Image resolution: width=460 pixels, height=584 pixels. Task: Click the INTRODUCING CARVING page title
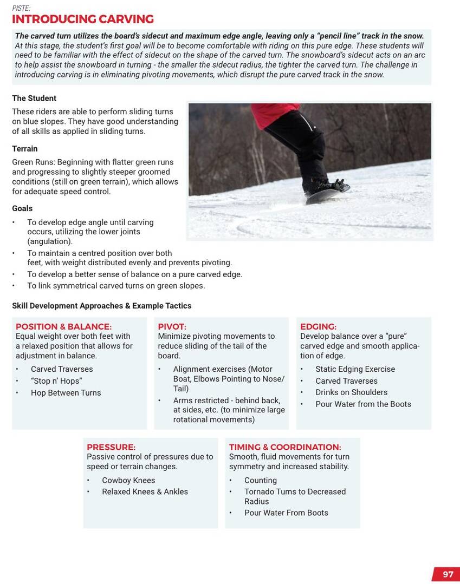(83, 19)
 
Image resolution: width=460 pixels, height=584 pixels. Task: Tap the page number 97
(448, 574)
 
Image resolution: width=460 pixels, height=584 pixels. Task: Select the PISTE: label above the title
(21, 8)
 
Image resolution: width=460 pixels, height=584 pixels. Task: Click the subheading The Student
(34, 99)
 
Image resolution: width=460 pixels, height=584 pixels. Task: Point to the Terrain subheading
(25, 149)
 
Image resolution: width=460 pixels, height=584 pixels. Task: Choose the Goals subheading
(22, 208)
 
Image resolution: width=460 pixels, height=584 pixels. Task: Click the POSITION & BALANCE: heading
(63, 327)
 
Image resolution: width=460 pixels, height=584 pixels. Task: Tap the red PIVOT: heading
(172, 327)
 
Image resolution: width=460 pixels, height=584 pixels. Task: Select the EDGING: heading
(318, 327)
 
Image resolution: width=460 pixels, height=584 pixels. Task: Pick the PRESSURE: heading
(111, 448)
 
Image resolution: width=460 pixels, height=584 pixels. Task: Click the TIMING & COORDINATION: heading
(285, 448)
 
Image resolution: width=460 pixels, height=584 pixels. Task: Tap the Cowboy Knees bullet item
(128, 481)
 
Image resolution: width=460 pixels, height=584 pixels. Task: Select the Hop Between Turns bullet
(66, 393)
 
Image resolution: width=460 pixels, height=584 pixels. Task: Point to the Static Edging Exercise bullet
(355, 369)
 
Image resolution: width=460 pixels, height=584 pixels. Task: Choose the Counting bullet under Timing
(260, 481)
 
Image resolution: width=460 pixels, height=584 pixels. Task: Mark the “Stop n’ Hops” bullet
(56, 381)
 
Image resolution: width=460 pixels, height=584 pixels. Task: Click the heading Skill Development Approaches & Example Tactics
(101, 306)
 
